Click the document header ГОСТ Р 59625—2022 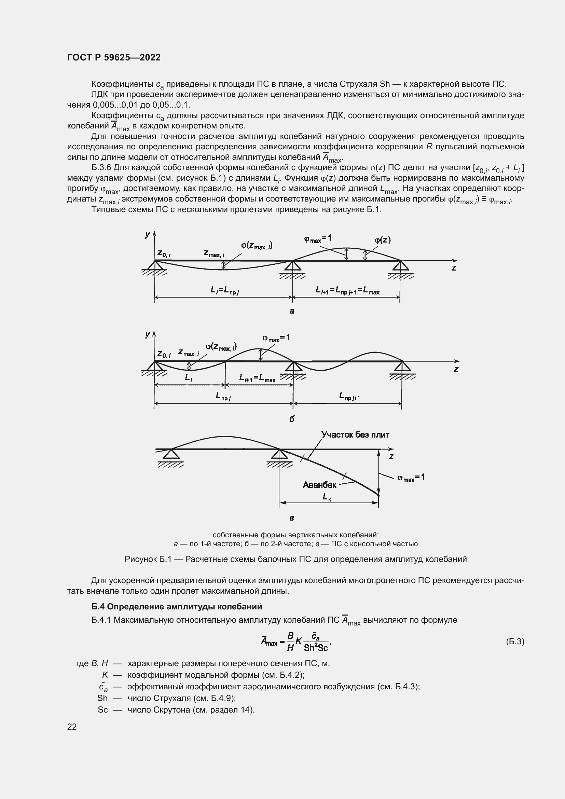(114, 57)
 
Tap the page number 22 (72, 726)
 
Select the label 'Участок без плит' (355, 435)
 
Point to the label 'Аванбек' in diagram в (319, 485)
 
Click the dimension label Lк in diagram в (327, 497)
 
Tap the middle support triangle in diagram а (293, 266)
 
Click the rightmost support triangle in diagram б (402, 367)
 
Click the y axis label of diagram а (148, 234)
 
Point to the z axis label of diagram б (456, 369)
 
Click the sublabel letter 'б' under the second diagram (291, 419)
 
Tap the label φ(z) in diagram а (382, 240)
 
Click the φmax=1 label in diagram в (411, 478)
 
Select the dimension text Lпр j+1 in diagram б (349, 396)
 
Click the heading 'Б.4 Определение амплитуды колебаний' (177, 607)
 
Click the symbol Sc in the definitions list (102, 710)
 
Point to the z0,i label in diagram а (164, 253)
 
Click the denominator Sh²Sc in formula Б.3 (316, 648)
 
